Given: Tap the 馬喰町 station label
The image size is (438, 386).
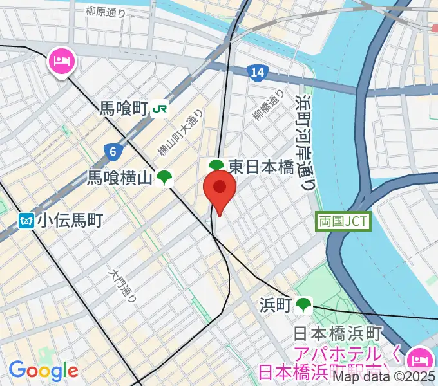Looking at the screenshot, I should tap(124, 109).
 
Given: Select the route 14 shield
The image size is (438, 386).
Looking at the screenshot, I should tap(258, 73).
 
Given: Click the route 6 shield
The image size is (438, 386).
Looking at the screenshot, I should tap(113, 152).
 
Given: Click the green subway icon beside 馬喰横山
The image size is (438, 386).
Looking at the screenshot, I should tap(165, 178).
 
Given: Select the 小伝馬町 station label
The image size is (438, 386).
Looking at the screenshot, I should tap(70, 221).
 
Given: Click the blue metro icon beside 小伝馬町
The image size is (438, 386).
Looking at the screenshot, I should tap(26, 221).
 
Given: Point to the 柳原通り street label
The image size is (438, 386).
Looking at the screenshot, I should tap(106, 11).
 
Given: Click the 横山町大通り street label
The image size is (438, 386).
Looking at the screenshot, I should tap(181, 132).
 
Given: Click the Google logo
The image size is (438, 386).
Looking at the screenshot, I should tap(43, 370).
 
